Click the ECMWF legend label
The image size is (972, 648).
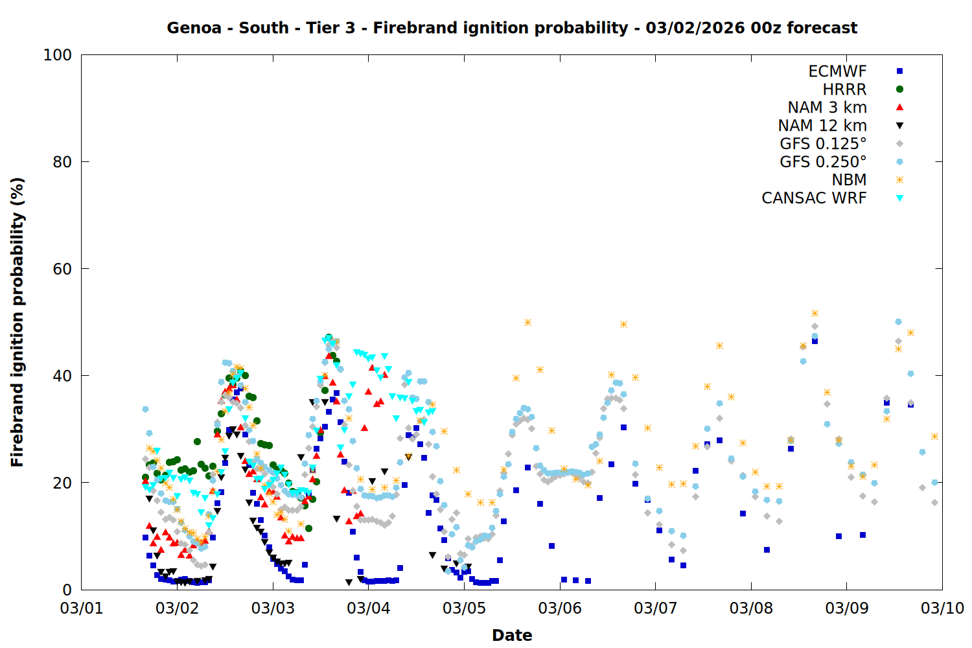[837, 71]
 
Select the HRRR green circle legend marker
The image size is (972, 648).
[899, 89]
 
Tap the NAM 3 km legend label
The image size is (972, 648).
[827, 107]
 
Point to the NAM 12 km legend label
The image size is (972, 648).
[822, 126]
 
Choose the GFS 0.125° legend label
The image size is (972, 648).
[823, 143]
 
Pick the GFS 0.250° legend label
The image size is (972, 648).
[823, 161]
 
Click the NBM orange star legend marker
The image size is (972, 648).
[899, 179]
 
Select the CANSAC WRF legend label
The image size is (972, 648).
[814, 198]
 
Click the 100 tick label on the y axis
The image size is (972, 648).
[57, 55]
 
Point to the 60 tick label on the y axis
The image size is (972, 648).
[62, 269]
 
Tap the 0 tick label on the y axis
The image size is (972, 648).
[67, 590]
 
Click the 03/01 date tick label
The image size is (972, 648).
[82, 608]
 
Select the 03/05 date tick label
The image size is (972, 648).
[465, 608]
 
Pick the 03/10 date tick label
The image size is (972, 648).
[942, 608]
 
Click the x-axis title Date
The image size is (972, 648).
[512, 636]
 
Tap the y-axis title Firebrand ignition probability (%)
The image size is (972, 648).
[17, 322]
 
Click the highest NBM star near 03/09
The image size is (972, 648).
[815, 314]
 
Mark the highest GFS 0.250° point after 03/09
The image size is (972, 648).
[898, 322]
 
